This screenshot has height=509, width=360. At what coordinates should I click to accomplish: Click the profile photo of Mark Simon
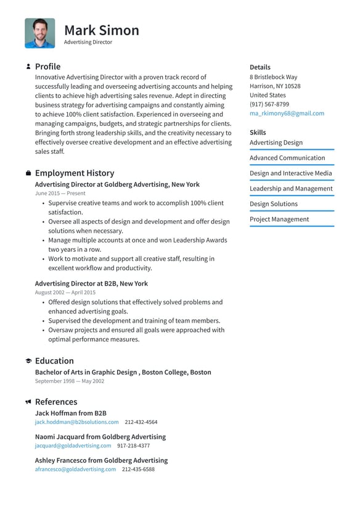point(39,33)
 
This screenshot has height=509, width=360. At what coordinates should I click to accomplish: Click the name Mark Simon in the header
point(101,30)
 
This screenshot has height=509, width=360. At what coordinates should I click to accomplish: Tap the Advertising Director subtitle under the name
point(88,43)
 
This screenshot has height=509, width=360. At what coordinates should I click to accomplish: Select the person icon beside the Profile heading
point(28,67)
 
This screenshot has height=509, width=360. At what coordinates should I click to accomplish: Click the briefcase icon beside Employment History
point(28,173)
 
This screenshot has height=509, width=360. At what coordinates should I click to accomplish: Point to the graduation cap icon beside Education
point(28,361)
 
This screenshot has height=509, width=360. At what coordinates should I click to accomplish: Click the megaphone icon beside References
point(28,402)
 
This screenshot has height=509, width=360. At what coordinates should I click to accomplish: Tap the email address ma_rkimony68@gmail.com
point(287,114)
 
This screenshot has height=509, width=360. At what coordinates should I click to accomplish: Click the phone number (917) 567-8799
point(269,104)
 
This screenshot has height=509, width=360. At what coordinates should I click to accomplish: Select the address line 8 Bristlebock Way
point(273,77)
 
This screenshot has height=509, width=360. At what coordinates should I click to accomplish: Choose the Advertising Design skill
point(276,143)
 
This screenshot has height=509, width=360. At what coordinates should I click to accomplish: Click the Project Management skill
point(279,220)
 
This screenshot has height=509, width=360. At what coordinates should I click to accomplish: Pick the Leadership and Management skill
point(290,189)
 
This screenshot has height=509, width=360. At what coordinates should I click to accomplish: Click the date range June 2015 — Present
point(60,194)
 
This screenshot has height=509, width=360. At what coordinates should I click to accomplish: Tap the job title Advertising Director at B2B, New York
point(91,284)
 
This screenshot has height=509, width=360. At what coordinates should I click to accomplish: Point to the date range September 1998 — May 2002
point(69,381)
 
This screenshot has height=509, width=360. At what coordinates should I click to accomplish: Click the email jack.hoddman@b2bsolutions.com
point(76,422)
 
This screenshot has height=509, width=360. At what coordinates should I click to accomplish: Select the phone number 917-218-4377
point(133,445)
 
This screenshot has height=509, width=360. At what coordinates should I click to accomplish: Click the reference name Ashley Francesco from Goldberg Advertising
point(101,460)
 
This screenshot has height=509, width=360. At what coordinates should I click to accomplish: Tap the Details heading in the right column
point(260,67)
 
